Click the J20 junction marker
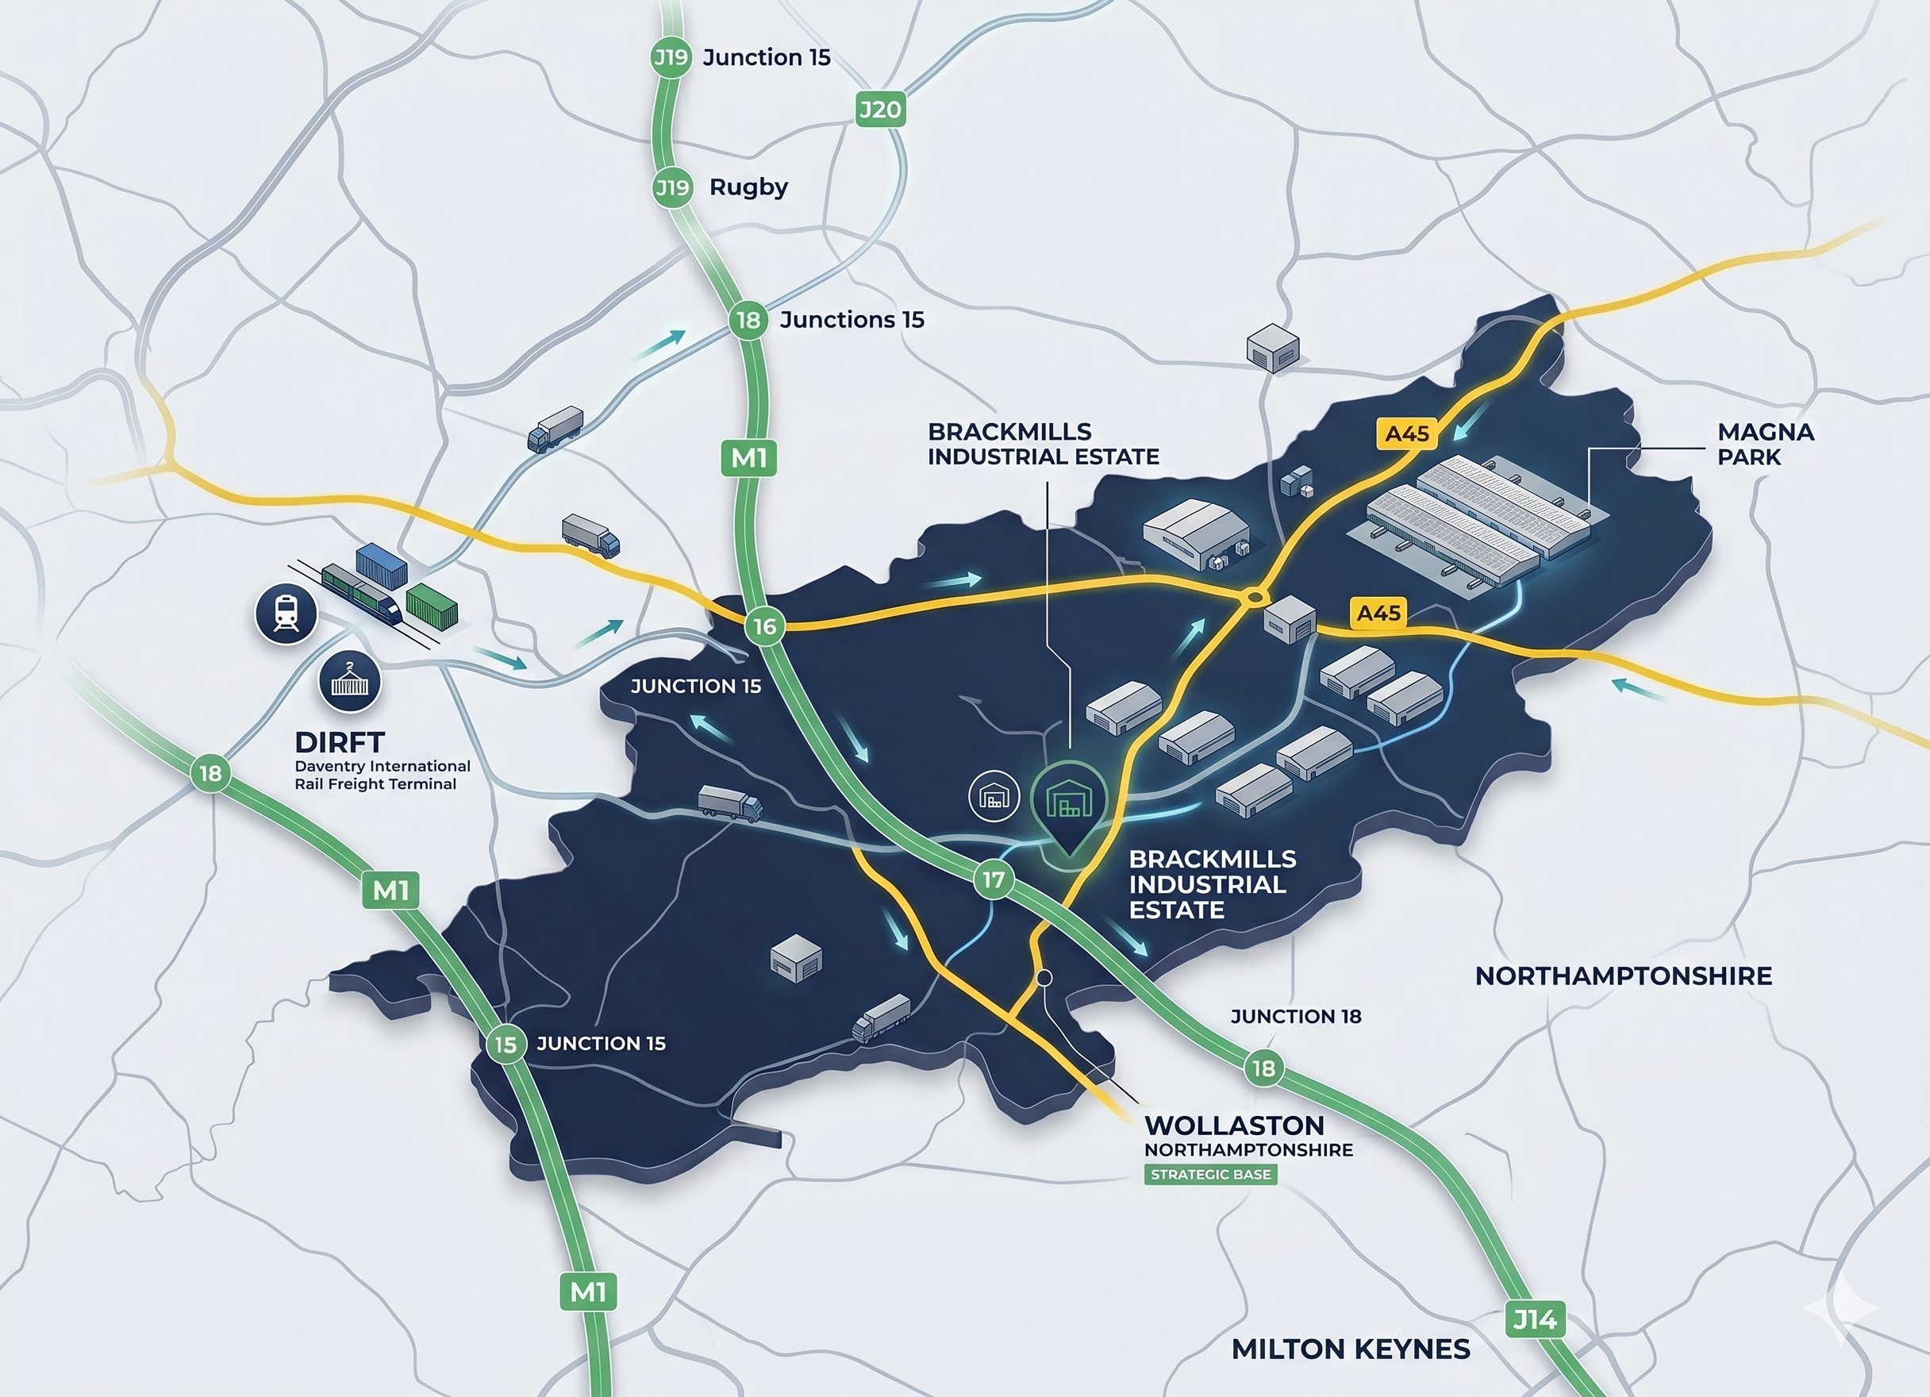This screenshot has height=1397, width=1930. point(880,110)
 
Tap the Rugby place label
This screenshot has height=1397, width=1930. point(748,187)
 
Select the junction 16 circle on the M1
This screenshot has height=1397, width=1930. point(764,626)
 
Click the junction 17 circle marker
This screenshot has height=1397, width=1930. point(993,879)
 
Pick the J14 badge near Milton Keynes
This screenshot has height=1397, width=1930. point(1534,1319)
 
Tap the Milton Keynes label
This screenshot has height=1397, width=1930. point(1351,1349)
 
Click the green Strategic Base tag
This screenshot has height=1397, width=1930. point(1210,1175)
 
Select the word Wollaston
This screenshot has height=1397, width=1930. point(1234,1126)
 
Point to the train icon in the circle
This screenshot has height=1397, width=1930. point(286,614)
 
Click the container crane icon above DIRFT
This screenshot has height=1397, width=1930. point(350,682)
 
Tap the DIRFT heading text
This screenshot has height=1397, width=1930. point(340,742)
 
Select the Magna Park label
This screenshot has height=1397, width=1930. point(1765,444)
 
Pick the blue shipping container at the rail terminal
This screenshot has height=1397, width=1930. point(381,565)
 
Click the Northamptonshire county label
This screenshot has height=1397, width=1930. point(1623,976)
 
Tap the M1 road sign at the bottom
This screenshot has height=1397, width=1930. point(588,1292)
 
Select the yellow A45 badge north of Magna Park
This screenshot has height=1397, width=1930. point(1407,433)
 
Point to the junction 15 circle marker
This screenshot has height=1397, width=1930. point(506,1044)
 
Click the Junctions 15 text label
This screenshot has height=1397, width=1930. point(851,320)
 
